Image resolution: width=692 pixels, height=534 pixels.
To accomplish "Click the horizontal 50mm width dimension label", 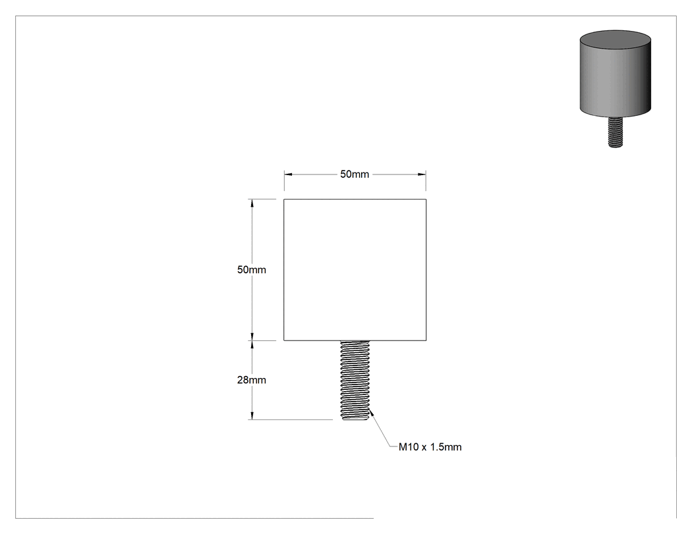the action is [355, 174].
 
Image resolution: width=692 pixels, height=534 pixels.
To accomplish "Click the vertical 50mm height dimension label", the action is [252, 269].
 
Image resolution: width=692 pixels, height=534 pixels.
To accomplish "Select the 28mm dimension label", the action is [252, 380].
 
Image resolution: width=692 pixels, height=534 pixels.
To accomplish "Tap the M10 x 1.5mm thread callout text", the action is [430, 446].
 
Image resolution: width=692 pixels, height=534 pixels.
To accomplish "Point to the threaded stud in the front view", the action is [355, 380].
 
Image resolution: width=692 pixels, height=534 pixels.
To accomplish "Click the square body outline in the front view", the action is [284, 269].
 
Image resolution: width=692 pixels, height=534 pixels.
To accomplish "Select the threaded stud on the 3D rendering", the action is [615, 132].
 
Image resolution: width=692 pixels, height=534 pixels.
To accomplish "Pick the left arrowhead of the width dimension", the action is [288, 174].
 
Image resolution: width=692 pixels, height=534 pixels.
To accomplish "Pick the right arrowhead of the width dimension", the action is [422, 174].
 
